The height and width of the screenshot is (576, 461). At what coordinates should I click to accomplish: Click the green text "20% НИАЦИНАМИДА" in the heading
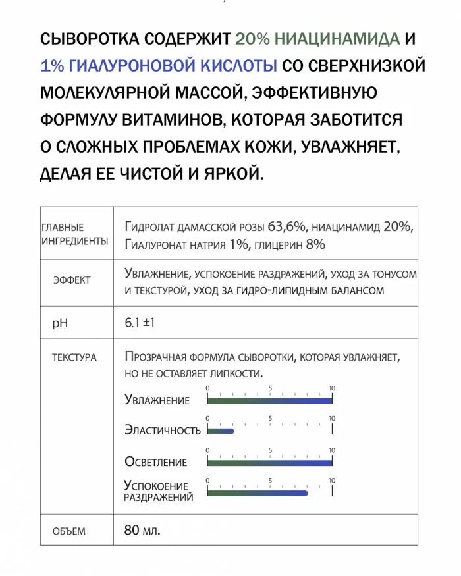pos(317,39)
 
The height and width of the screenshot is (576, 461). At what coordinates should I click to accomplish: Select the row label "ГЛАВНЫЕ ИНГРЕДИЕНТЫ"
pos(74,234)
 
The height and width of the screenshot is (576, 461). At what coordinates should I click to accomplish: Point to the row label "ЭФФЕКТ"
pos(72,280)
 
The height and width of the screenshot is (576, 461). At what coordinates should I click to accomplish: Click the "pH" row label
pos(60,324)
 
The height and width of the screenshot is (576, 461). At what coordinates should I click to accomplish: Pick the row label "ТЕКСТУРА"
pos(74,357)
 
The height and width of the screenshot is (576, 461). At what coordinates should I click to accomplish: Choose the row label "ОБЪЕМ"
pos(68,531)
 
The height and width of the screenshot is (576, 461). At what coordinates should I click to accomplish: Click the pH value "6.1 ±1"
pos(140,323)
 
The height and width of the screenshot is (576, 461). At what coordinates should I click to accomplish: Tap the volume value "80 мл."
pos(142,529)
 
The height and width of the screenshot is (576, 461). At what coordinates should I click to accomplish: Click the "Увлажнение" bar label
pos(157,400)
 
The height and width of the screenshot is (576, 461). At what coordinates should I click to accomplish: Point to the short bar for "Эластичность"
pos(221,431)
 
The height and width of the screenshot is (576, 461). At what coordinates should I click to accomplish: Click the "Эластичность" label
pos(163,431)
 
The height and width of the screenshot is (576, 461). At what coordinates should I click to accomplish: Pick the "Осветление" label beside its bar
pos(156,462)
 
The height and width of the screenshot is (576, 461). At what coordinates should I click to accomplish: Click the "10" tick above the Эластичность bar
pos(332,419)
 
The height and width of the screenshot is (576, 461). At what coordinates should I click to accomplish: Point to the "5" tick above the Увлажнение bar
pos(270,388)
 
